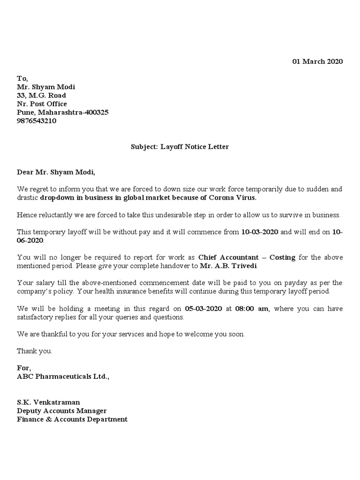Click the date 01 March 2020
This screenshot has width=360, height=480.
318,61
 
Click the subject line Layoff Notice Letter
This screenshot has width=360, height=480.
180,147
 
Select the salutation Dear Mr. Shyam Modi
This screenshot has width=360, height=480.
56,172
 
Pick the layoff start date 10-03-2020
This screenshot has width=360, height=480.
260,232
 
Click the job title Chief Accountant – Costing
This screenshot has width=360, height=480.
247,257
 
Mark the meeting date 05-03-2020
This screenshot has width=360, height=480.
204,308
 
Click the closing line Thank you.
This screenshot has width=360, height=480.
35,351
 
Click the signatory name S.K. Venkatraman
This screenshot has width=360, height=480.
48,402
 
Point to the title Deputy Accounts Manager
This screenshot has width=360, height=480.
65,411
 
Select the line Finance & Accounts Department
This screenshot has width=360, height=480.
72,419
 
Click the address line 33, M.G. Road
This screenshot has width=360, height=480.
41,95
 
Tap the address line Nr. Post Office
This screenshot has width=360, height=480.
42,104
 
